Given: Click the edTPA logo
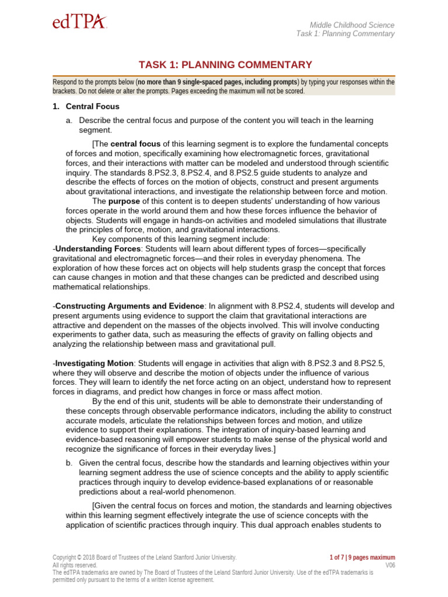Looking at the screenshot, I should pos(79,23).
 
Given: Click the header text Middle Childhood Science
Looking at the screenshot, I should pos(352,25).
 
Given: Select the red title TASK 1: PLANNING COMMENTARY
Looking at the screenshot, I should pos(225,65).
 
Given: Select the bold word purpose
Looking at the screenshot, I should pos(124,201).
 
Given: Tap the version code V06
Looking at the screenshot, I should pos(390,565).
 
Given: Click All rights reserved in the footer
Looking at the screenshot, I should pos(75,565).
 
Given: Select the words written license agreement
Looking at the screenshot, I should pos(182,580).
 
